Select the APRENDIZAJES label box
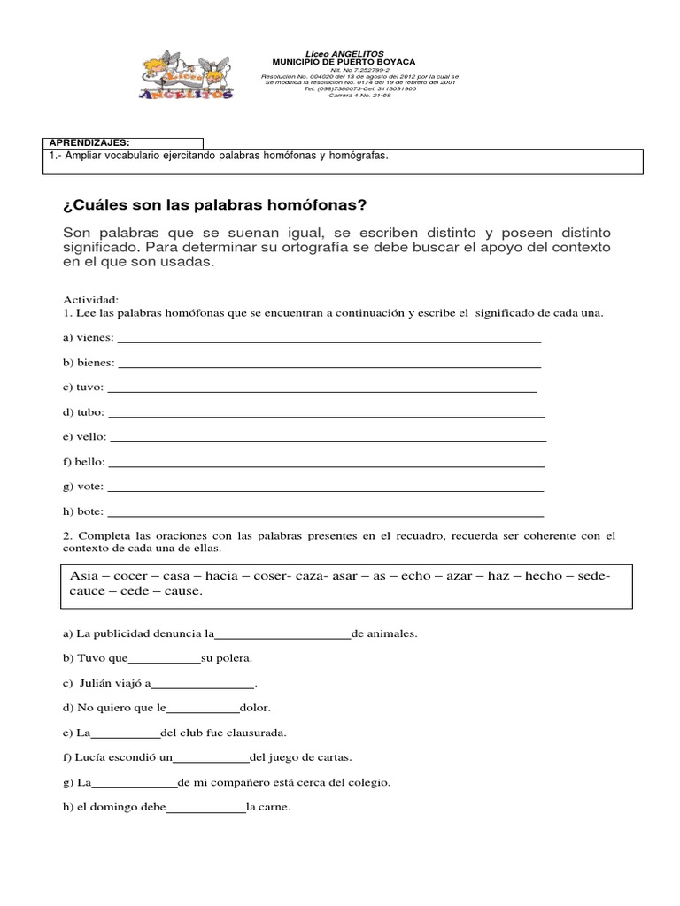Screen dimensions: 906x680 [x=123, y=142]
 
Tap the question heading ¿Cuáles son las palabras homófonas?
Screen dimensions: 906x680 [x=214, y=205]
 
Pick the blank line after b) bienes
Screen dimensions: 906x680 [x=329, y=364]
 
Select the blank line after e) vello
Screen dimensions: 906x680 [x=327, y=438]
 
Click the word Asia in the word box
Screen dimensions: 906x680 [x=84, y=575]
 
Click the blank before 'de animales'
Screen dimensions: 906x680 [x=283, y=635]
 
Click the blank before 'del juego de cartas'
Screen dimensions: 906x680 [x=211, y=758]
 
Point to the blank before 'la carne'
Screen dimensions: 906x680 [x=205, y=808]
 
